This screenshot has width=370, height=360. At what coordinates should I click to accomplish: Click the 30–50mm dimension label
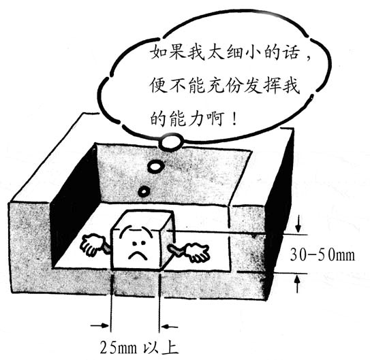[322, 255]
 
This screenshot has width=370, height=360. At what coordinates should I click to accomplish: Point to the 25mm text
[119, 348]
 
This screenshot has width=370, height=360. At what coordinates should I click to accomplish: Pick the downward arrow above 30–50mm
[298, 223]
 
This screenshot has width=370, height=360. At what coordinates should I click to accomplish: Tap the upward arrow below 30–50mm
[298, 284]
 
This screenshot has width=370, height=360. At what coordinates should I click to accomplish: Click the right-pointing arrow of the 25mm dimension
[100, 325]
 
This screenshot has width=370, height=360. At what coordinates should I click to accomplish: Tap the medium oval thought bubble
[155, 167]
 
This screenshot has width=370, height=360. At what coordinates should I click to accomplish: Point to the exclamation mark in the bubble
[234, 118]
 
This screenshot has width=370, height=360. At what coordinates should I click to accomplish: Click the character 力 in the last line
[196, 118]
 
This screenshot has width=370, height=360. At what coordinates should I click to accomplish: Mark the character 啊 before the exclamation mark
[215, 118]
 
